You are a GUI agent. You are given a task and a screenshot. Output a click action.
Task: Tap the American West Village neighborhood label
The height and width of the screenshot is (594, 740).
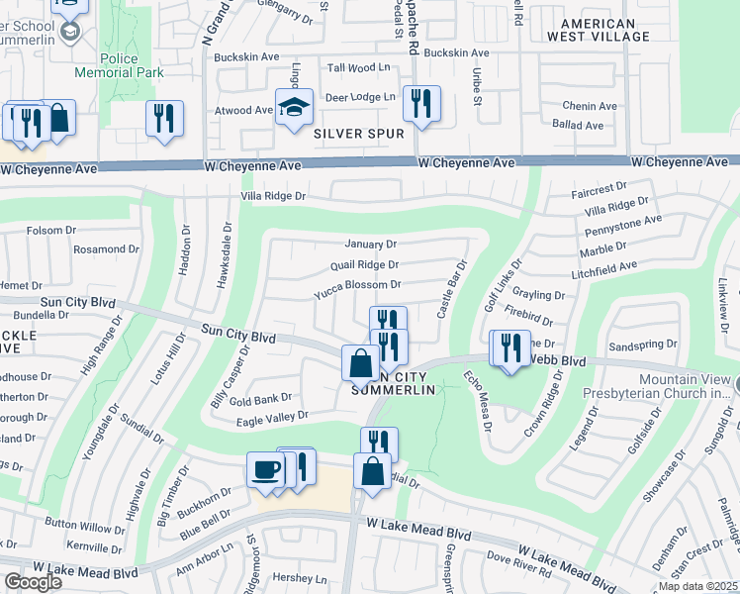(604, 30)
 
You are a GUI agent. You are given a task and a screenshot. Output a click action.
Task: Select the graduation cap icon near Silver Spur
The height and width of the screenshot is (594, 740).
(294, 111)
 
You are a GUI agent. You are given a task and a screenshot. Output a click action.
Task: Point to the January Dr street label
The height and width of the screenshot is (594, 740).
(370, 244)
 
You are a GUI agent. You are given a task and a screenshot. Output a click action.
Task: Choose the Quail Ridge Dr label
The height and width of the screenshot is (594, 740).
(364, 264)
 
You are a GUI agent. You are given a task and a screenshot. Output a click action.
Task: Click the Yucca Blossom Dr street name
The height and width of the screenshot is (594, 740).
(356, 285)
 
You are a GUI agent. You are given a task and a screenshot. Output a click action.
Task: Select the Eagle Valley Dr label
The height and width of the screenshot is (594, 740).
(273, 416)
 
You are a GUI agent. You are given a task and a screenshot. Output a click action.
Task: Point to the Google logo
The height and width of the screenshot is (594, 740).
(33, 582)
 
